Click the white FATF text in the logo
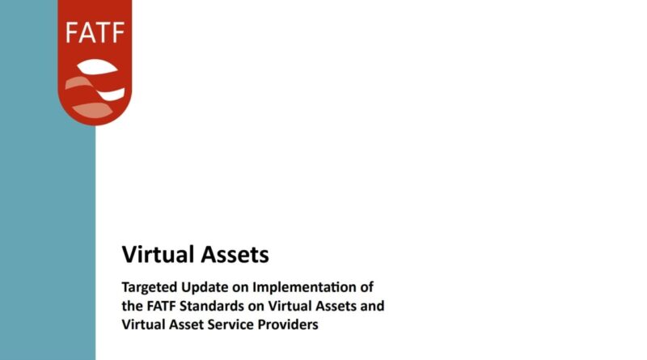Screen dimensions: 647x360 [x=95, y=33]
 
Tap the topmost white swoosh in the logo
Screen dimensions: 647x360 [x=97, y=67]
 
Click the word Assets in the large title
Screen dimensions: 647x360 [x=235, y=254]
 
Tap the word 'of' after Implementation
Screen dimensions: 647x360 [x=366, y=286]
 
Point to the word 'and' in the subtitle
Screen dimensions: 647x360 [x=372, y=306]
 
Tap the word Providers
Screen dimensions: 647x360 [x=288, y=324]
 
